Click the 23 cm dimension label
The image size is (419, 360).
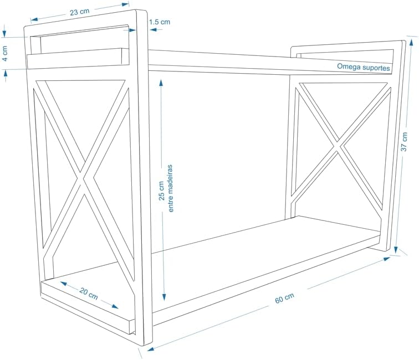[x=80, y=9]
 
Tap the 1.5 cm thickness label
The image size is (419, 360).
[x=160, y=22]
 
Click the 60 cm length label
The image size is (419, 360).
[x=284, y=299]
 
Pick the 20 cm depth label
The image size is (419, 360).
[x=89, y=294]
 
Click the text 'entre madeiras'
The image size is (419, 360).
[x=171, y=188]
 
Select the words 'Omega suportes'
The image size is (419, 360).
[x=364, y=67]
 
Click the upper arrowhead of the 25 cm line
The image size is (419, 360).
[x=161, y=81]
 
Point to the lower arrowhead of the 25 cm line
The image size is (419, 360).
[x=164, y=297]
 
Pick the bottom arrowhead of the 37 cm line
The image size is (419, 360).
[x=397, y=250]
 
